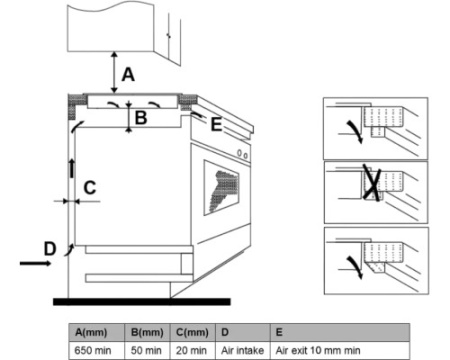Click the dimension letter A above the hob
[128, 74]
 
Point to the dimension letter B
[141, 118]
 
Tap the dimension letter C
[90, 188]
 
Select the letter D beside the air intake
[50, 249]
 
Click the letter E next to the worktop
[216, 125]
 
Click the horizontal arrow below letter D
[35, 263]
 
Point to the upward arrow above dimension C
[71, 168]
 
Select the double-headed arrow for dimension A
[114, 72]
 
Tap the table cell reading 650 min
[93, 351]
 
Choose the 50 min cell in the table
[146, 351]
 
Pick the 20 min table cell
[191, 351]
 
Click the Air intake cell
[242, 351]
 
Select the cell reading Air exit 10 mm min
[318, 351]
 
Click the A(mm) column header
[91, 332]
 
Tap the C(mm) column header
[192, 332]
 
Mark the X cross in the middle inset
[371, 183]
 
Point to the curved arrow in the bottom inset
[355, 267]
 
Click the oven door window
[221, 188]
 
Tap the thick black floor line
[142, 302]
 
